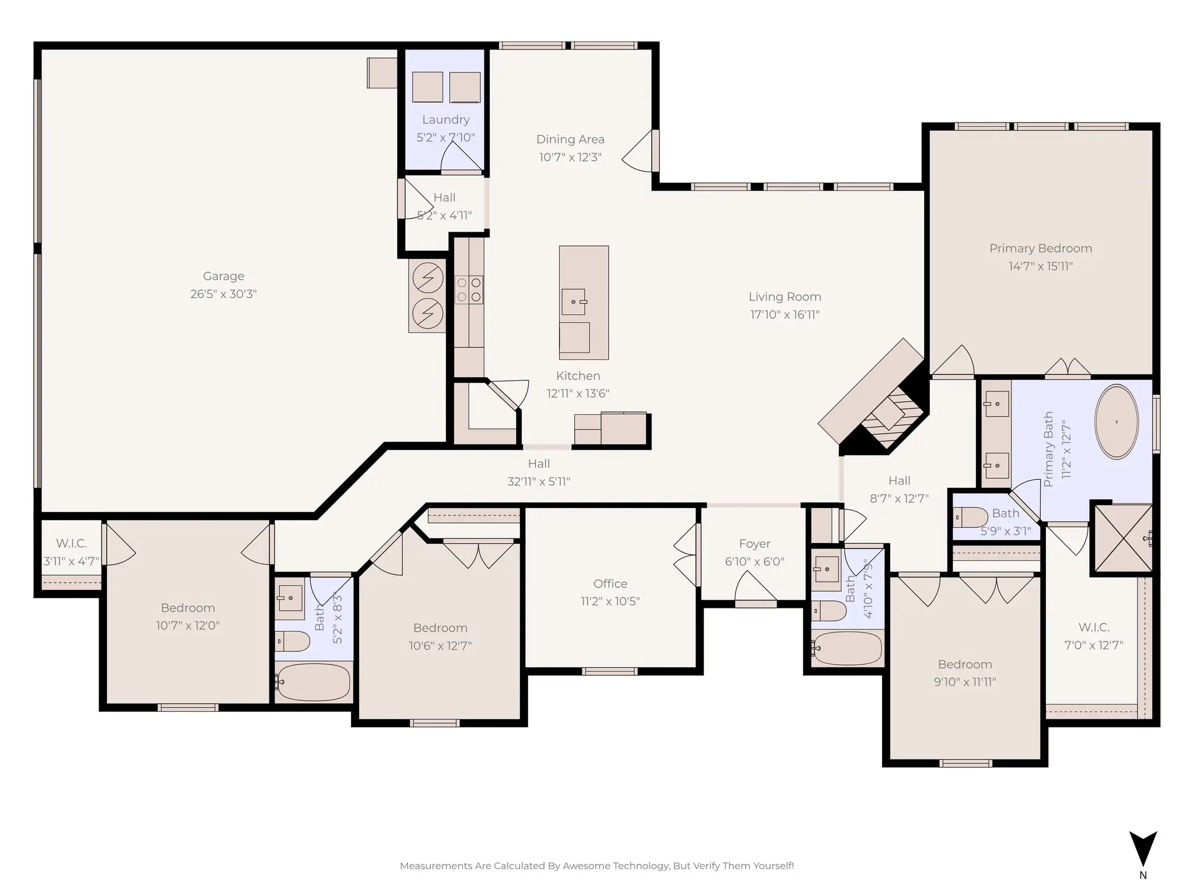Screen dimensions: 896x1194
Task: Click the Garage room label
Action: [223, 276]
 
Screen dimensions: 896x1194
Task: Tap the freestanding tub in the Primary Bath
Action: [1116, 421]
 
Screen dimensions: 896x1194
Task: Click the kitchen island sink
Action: [574, 302]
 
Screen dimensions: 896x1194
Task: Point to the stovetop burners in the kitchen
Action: [469, 290]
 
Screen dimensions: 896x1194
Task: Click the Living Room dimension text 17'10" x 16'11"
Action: [785, 315]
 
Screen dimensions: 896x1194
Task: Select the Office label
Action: [610, 583]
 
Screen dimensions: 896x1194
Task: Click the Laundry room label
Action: [445, 120]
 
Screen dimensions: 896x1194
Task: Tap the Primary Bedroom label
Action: [1040, 249]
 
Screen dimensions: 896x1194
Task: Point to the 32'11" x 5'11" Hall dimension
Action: [539, 482]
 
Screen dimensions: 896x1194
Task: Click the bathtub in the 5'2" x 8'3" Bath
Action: [314, 681]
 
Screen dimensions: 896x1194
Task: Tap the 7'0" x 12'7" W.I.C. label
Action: [1094, 628]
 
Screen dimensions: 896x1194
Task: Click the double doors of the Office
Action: [687, 554]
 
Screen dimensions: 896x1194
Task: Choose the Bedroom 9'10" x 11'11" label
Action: [965, 664]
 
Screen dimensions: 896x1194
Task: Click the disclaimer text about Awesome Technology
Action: [596, 866]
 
